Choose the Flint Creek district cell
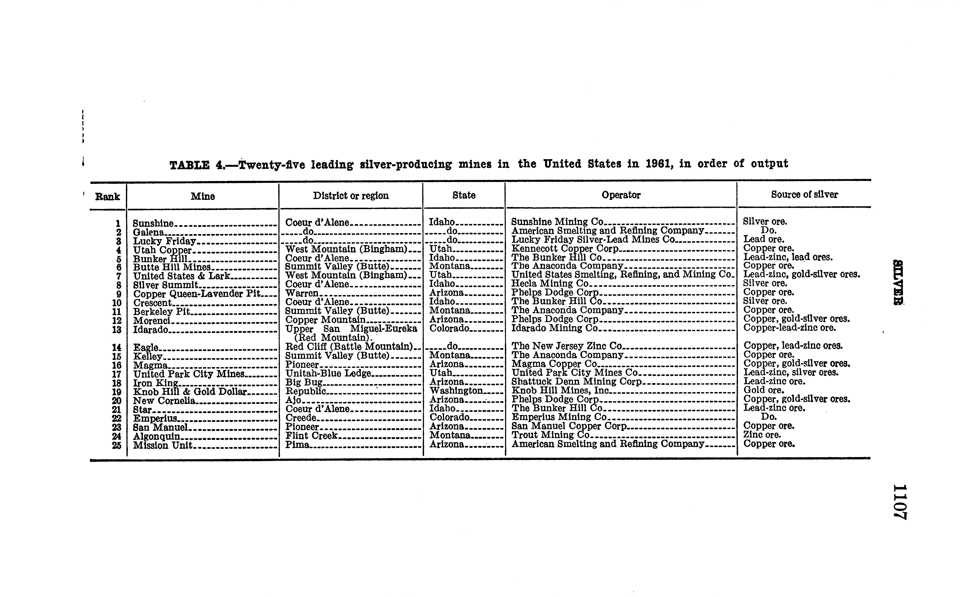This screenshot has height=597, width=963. click(312, 436)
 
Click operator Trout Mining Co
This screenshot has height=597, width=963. click(550, 435)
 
